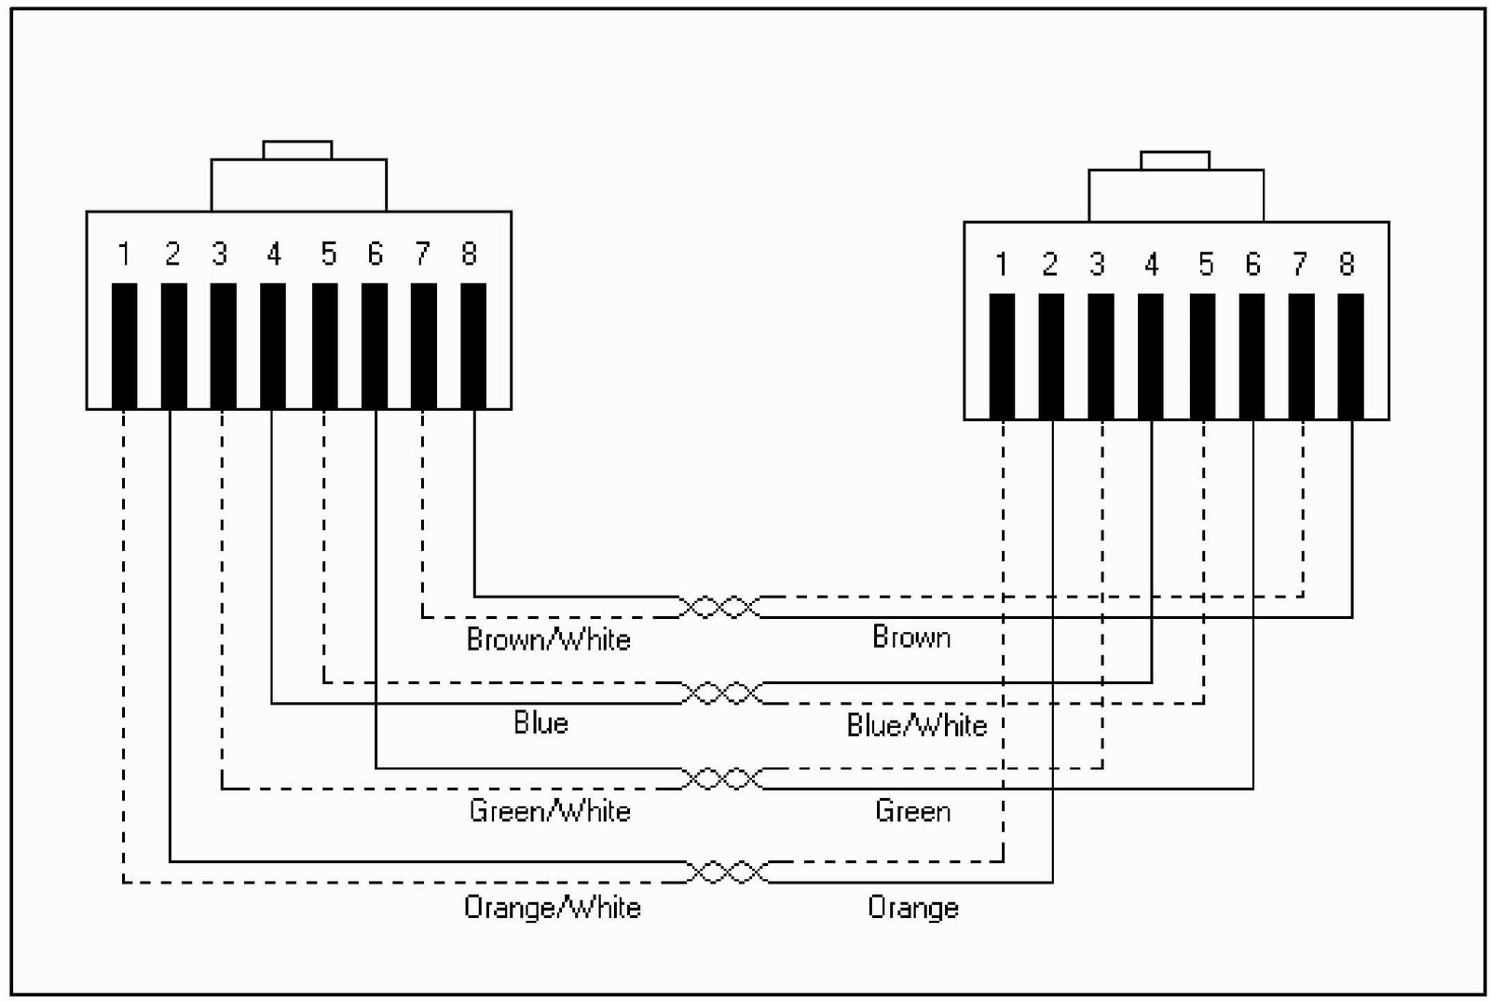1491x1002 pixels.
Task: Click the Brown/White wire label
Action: point(548,639)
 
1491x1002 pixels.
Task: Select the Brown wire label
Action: point(911,638)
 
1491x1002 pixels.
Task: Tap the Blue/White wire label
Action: point(916,725)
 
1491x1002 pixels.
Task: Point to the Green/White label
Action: point(549,811)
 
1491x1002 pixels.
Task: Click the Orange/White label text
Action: point(552,907)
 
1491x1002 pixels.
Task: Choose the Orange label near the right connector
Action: point(912,907)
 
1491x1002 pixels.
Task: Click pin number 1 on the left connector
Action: point(124,254)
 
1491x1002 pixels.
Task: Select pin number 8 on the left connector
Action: point(469,254)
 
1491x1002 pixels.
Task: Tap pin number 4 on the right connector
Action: point(1152,265)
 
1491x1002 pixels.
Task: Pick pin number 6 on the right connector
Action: point(1252,265)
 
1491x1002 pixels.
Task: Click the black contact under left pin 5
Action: point(324,346)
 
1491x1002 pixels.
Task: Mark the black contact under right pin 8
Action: point(1350,356)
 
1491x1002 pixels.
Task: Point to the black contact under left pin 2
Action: point(173,346)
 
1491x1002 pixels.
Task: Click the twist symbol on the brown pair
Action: point(720,607)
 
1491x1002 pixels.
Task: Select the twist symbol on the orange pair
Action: point(727,872)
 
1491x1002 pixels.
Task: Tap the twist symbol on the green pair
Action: point(722,778)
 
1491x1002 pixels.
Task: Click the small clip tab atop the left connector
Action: point(297,150)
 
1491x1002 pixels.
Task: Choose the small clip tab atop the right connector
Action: point(1175,160)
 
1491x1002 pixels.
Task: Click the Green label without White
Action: point(912,811)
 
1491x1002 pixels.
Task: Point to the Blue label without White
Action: point(540,723)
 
